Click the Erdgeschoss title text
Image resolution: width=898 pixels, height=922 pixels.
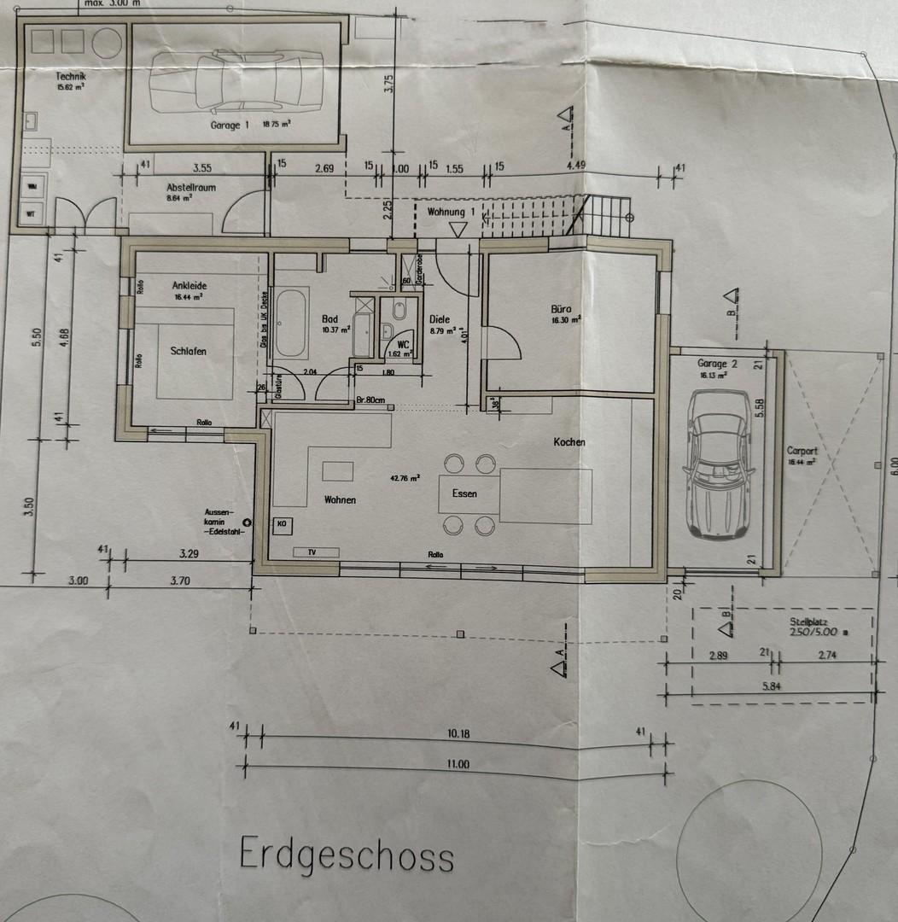coord(347,854)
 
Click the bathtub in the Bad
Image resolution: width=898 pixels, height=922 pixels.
coord(291,324)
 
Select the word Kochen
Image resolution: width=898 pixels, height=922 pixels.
coord(569,441)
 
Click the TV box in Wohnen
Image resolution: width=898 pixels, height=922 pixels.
coord(312,552)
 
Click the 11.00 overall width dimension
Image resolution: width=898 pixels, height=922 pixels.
coord(458,764)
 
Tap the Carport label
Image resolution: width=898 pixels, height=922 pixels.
coord(802,451)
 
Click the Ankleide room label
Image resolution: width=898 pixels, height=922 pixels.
coord(190,285)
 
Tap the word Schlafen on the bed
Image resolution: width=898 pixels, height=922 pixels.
coord(189,351)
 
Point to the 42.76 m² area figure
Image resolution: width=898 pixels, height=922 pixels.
coord(404,479)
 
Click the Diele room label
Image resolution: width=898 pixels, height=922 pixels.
coord(440,319)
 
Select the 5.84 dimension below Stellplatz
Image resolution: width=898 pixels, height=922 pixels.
coord(772,685)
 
